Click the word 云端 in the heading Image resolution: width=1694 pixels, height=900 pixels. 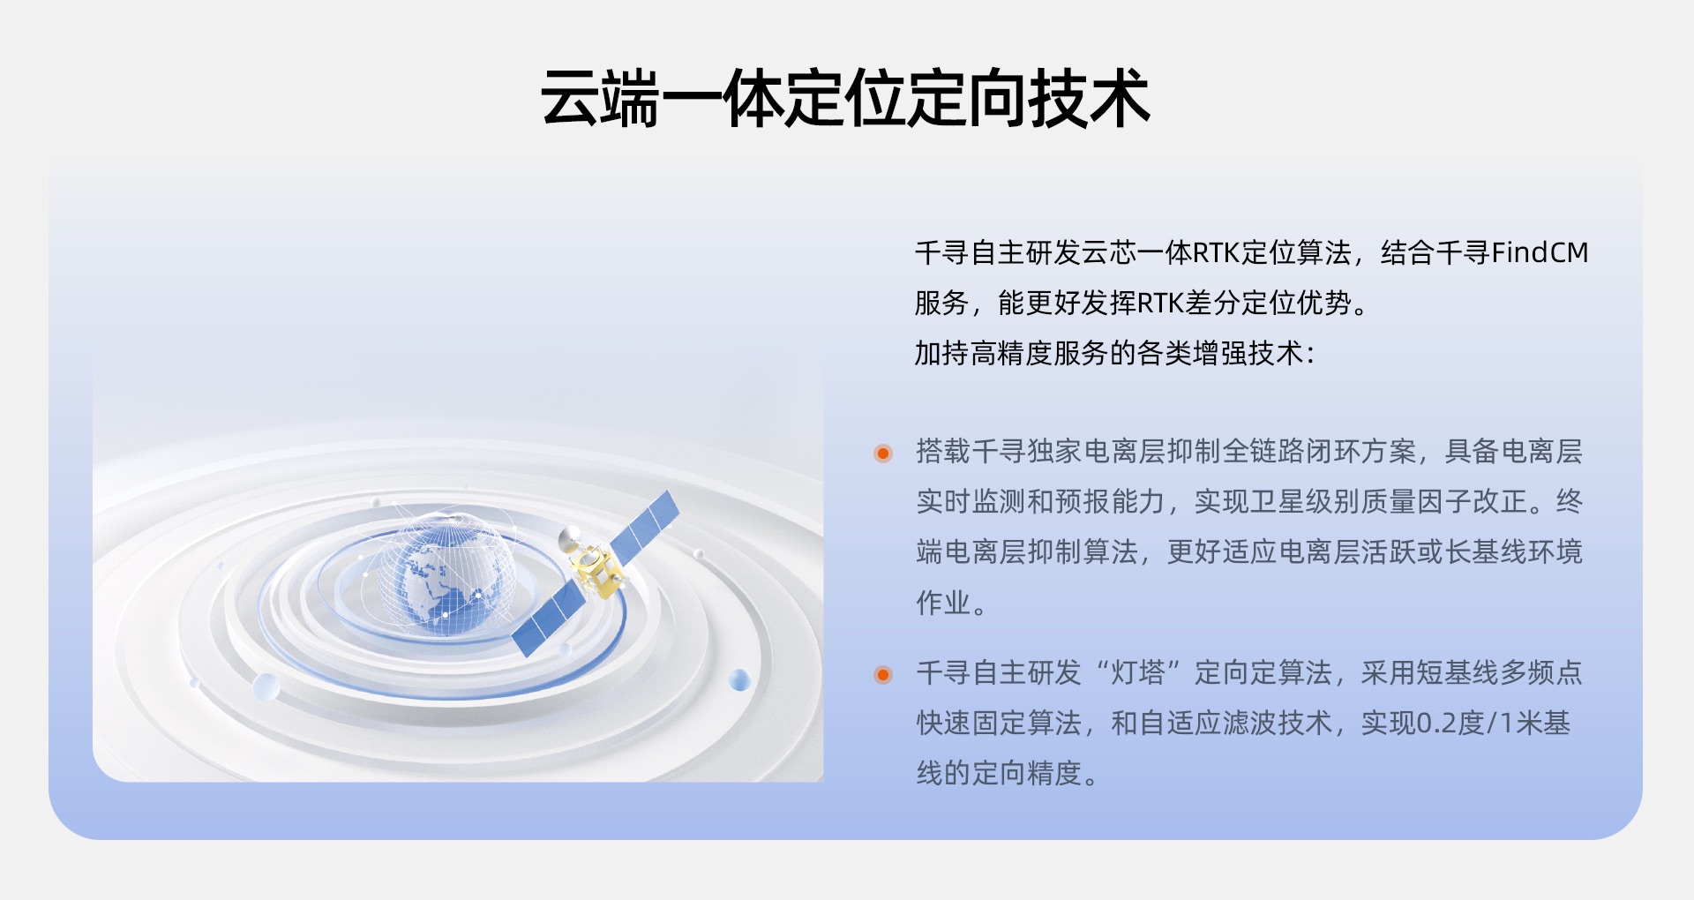(x=601, y=98)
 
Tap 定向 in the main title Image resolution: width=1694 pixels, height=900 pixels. (x=967, y=98)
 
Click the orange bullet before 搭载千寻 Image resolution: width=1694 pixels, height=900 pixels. (x=883, y=454)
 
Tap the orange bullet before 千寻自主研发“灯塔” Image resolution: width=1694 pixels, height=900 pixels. (x=883, y=675)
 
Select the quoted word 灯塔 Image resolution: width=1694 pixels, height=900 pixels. (x=1138, y=673)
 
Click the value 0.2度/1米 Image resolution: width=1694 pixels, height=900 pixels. (x=1477, y=724)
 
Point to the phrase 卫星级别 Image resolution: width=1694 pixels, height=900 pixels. (x=1305, y=502)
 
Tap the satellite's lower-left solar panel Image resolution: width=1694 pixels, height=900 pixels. (x=548, y=621)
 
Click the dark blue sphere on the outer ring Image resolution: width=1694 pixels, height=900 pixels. (x=739, y=680)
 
